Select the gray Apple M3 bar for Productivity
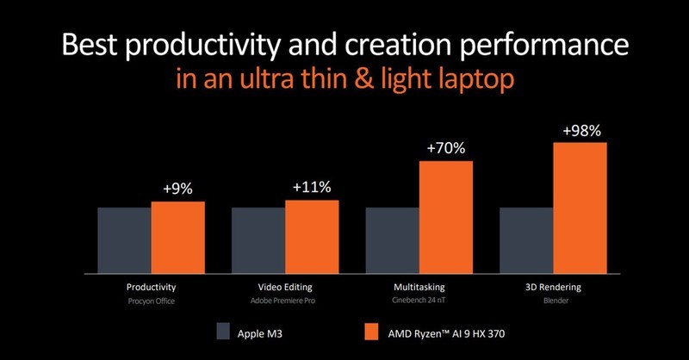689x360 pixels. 124,238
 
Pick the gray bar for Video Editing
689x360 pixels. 258,238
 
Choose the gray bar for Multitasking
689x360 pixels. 393,238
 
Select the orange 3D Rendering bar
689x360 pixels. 580,205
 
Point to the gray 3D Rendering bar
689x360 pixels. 527,238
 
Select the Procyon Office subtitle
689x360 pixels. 151,301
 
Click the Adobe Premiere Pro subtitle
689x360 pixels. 285,301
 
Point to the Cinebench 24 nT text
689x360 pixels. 419,301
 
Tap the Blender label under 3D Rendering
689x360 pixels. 554,301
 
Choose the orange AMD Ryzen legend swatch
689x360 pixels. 350,330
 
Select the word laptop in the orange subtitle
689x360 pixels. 466,81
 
